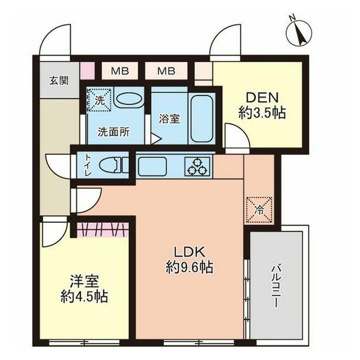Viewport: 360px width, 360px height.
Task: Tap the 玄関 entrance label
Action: [x=59, y=80]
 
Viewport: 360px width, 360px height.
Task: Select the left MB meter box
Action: [x=120, y=71]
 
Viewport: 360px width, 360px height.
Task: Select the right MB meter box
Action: [x=166, y=71]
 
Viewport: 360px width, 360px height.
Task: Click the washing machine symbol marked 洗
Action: [x=100, y=100]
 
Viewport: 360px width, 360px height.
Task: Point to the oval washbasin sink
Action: [x=129, y=100]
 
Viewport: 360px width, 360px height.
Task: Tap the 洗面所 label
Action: [x=114, y=132]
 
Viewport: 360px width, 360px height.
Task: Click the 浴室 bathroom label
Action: [x=169, y=119]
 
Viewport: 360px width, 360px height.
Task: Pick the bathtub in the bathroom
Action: [x=202, y=119]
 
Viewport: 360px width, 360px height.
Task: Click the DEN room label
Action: [x=262, y=97]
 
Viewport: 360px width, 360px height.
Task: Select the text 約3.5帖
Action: [x=262, y=113]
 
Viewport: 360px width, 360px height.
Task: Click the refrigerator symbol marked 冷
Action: [x=259, y=210]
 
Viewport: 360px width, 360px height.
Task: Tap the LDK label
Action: [x=190, y=252]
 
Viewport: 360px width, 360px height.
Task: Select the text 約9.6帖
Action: [x=190, y=267]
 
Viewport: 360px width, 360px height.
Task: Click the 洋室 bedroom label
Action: [x=84, y=281]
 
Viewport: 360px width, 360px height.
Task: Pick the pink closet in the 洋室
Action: [x=102, y=230]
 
